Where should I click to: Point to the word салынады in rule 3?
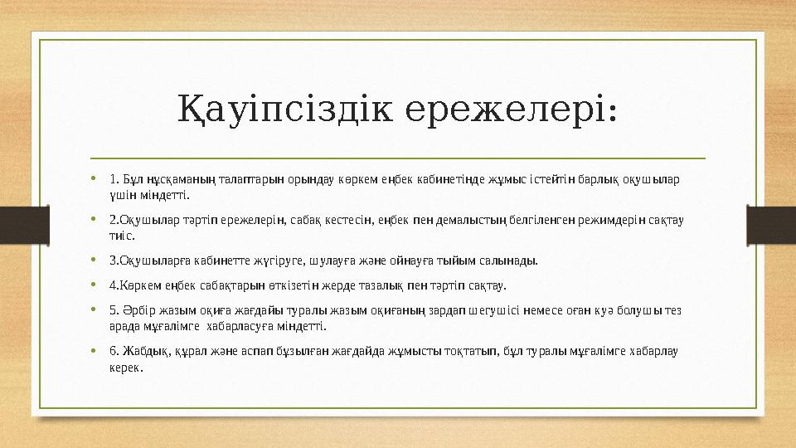pos(509,261)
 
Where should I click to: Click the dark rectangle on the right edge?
pos(771,225)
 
